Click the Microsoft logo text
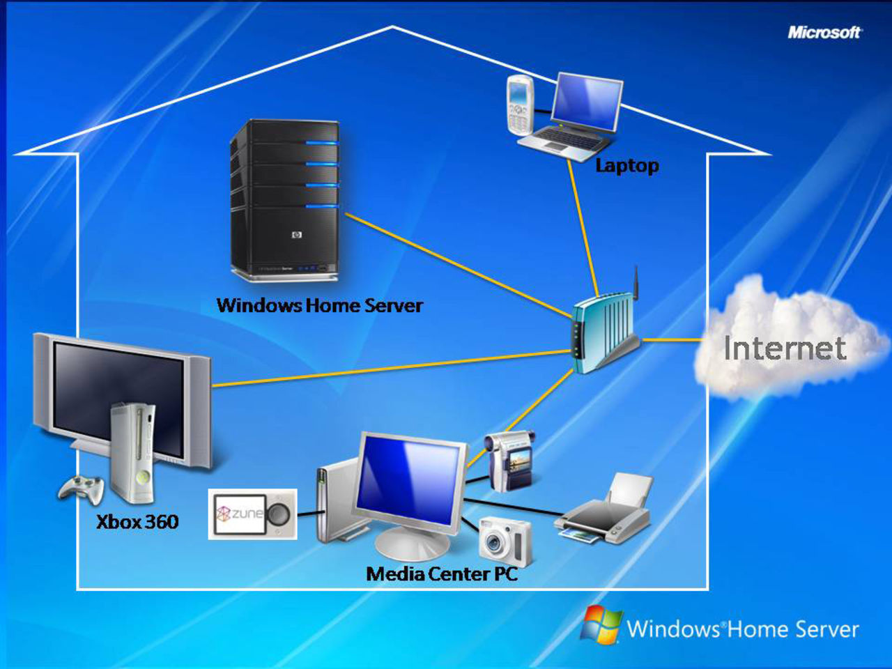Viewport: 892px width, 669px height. [824, 32]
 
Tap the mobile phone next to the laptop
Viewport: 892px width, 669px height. [519, 105]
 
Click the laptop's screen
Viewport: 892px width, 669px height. [586, 101]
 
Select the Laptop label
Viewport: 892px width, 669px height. [626, 165]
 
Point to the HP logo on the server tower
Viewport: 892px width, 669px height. [296, 236]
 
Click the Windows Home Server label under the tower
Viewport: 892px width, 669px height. [319, 305]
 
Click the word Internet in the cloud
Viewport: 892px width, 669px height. [785, 348]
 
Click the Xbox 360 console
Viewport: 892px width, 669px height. [134, 453]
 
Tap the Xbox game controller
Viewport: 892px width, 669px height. [81, 488]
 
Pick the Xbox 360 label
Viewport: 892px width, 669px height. [137, 521]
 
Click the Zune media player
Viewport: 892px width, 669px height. [252, 514]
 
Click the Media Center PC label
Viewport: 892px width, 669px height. [442, 574]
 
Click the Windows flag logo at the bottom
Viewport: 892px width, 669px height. [602, 624]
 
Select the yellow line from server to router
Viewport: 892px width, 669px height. [460, 265]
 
